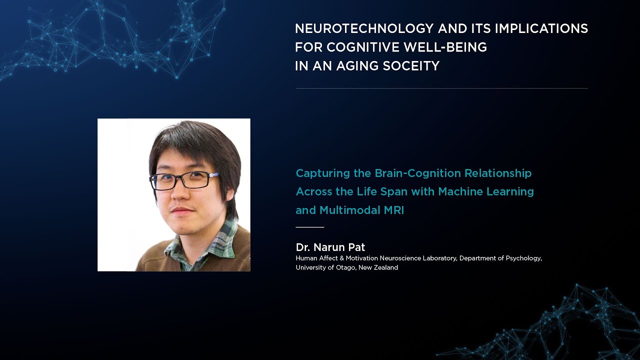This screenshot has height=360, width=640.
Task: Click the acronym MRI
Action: coord(394,210)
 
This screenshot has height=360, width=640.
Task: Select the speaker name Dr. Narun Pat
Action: coord(330,247)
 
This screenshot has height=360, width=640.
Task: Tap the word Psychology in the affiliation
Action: coord(522,258)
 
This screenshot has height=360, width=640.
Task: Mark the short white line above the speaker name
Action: coord(310,227)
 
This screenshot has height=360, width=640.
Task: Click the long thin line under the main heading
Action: coord(441,88)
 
